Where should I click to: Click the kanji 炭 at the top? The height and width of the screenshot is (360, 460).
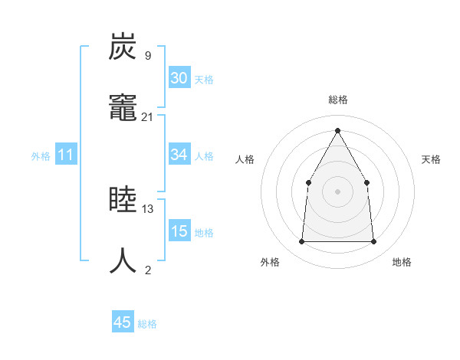[x=123, y=47]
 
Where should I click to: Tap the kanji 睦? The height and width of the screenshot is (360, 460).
[x=123, y=200]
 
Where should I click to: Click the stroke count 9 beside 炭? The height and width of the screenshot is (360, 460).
[x=147, y=56]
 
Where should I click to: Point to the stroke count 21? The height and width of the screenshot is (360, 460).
[x=147, y=116]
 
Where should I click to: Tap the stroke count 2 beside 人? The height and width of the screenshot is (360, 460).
[x=147, y=269]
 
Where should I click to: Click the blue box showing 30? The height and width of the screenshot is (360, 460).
[x=179, y=78]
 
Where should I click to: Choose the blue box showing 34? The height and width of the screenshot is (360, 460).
[x=179, y=155]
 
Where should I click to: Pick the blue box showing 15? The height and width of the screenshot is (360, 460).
[x=179, y=231]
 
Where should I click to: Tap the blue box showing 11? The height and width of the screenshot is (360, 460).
[x=66, y=155]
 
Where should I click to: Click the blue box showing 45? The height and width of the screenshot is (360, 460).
[x=123, y=322]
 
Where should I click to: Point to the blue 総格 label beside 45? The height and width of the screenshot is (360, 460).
[x=147, y=324]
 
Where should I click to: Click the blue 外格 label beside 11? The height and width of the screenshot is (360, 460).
[x=41, y=156]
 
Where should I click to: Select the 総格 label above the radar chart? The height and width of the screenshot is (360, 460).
[x=337, y=100]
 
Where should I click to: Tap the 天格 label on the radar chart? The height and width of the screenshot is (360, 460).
[x=431, y=159]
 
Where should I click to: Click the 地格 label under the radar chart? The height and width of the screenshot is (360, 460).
[x=402, y=262]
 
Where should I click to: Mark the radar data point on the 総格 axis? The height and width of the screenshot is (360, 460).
[x=337, y=129]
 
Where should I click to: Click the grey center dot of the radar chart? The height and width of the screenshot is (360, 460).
[x=337, y=191]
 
